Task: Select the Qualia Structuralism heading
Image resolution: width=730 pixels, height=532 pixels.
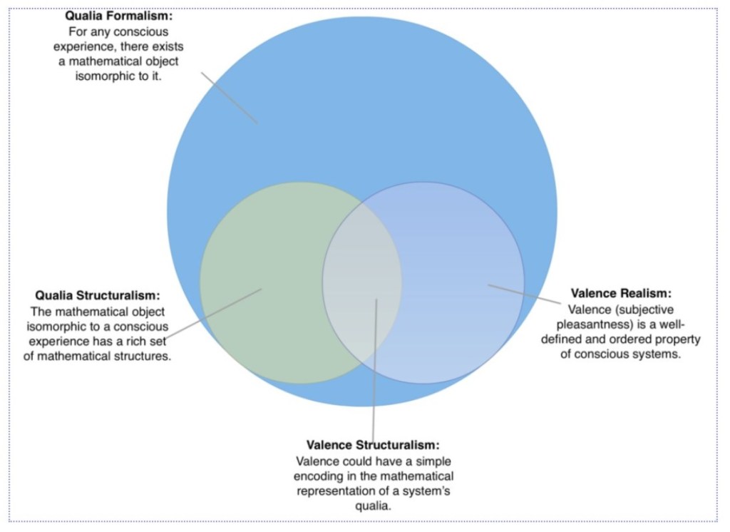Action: pyautogui.click(x=97, y=295)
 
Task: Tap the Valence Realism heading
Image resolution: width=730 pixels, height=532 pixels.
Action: pyautogui.click(x=621, y=293)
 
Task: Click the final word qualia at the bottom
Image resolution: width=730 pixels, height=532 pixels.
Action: pyautogui.click(x=373, y=506)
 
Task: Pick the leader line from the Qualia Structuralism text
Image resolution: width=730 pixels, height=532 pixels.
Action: pyautogui.click(x=214, y=314)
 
